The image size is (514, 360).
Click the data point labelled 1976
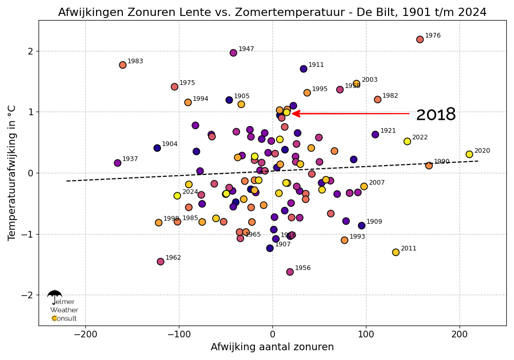[420, 40]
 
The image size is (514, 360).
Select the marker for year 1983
[123, 65]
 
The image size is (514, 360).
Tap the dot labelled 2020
[469, 154]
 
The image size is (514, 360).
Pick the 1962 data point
[160, 261]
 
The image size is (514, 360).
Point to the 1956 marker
[290, 272]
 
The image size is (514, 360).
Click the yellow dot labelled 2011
[396, 252]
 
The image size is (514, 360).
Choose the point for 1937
[118, 163]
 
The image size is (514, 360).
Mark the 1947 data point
[233, 52]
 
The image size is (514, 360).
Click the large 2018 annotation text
[435, 115]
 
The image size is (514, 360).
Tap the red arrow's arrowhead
[296, 114]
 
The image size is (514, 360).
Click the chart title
[272, 12]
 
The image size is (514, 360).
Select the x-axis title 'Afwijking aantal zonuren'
[272, 347]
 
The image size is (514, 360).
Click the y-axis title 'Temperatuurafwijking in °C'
[12, 173]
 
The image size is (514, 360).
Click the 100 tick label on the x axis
[366, 334]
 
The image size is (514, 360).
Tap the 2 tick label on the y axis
[30, 51]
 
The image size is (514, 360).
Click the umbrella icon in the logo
[54, 295]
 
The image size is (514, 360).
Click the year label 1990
[442, 161]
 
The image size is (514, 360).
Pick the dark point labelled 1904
[157, 148]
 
